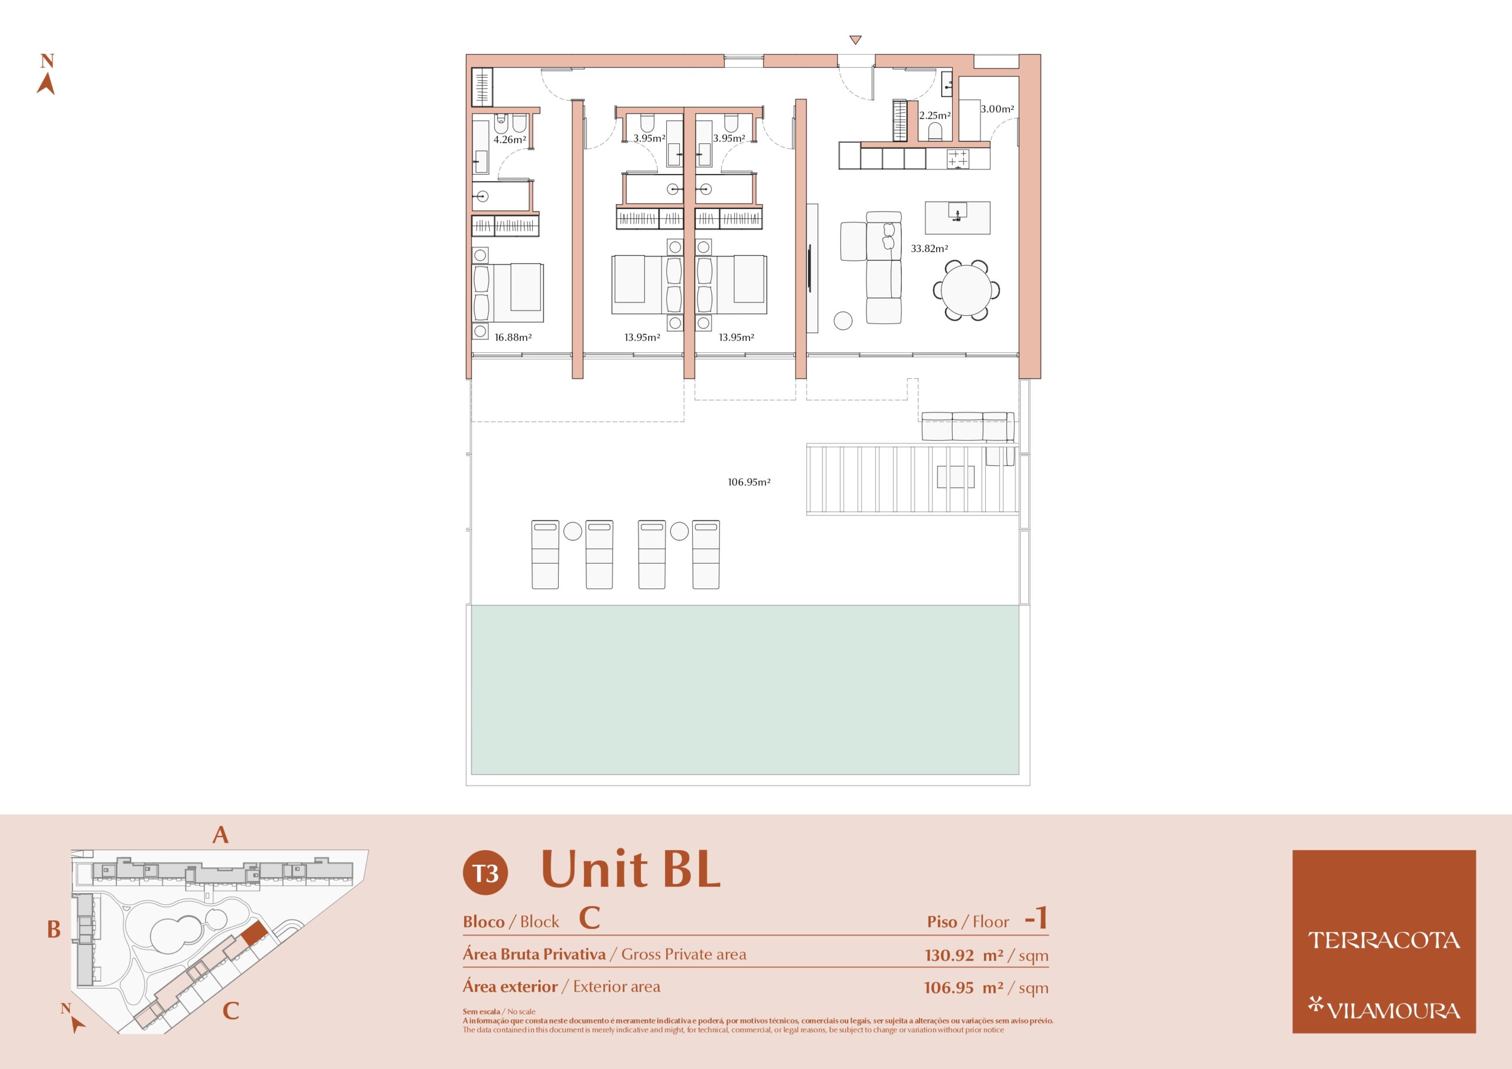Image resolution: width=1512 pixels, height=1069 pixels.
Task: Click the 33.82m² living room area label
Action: tap(929, 249)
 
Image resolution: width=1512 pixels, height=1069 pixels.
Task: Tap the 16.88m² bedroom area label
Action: tap(513, 338)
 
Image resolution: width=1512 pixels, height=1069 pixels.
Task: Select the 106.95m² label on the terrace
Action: tap(749, 482)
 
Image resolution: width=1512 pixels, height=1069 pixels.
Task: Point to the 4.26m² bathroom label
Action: tap(510, 139)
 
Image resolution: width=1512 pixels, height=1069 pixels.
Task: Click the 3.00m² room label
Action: tap(997, 109)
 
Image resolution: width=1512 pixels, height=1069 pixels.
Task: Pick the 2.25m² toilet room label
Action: tap(935, 115)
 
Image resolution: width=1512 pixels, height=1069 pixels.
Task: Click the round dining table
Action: tap(966, 290)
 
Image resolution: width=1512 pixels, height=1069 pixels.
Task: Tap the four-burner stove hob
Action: tap(958, 159)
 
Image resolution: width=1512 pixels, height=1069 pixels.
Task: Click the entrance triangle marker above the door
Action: tap(855, 40)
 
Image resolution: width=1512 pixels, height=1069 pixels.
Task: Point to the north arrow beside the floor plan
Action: tap(45, 74)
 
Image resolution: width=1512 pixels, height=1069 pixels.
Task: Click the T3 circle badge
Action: tap(485, 873)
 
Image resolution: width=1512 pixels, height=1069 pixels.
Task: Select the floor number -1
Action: tap(1036, 918)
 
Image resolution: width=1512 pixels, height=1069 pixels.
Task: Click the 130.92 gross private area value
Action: tap(949, 955)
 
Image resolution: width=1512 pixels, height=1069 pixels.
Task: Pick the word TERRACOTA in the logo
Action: tap(1384, 941)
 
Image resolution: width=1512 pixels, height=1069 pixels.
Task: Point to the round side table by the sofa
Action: tap(843, 321)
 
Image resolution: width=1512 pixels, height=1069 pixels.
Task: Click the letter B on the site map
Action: tap(54, 930)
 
